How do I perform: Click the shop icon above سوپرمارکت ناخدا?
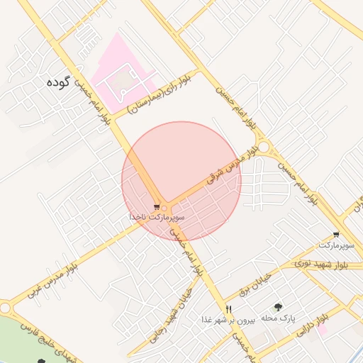coord(157,207)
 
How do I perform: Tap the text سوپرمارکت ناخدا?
coord(157,216)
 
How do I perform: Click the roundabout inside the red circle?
coord(164,207)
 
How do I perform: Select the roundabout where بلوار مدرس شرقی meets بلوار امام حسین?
coord(264,147)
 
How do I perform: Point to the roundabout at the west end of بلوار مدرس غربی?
coord(6,308)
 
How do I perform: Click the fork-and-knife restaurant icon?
coord(228,308)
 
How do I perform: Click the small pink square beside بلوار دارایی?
coord(322,329)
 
